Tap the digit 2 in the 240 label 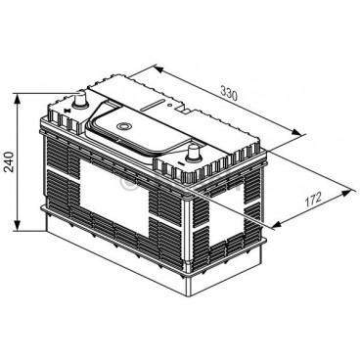(11, 171)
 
